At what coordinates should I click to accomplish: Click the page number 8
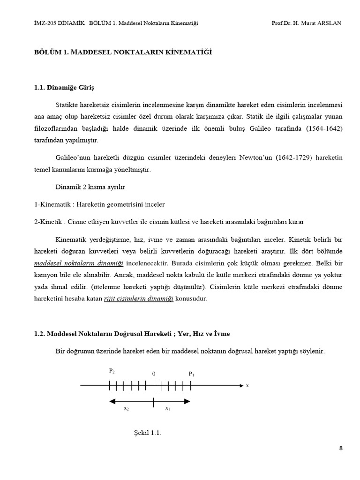[x=341, y=448]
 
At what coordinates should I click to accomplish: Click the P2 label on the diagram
[x=112, y=371]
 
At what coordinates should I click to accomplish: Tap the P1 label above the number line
[x=191, y=374]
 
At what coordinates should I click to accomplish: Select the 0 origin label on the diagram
[x=153, y=374]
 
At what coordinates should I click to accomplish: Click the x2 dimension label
[x=126, y=408]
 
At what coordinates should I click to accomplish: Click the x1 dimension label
[x=167, y=408]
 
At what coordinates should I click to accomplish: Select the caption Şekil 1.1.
[x=148, y=433]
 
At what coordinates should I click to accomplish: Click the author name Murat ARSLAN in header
[x=322, y=23]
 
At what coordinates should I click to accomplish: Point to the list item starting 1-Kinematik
[x=99, y=204]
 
